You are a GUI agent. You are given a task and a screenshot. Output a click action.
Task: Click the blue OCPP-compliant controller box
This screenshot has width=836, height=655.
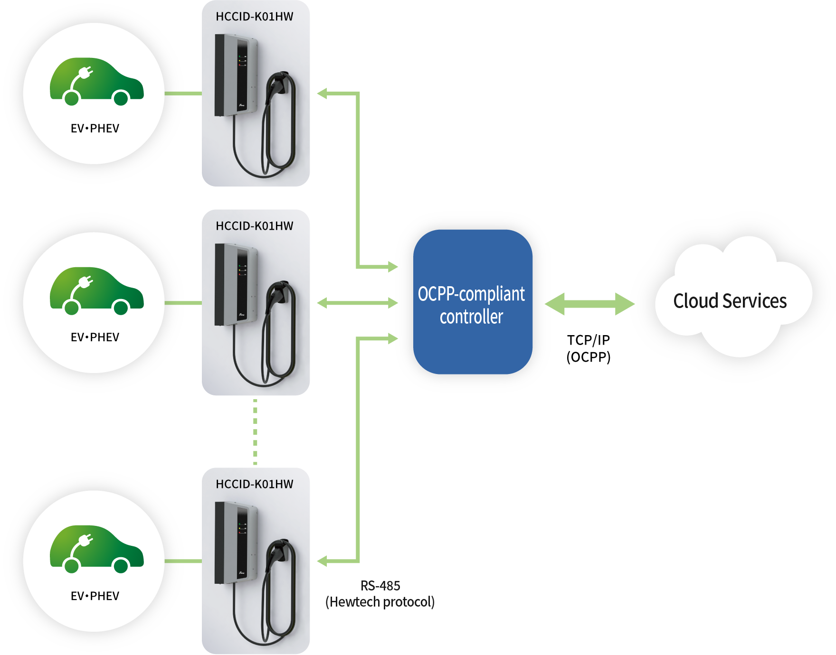[x=472, y=302]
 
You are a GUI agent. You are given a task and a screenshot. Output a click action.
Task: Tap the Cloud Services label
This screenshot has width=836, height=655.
[x=730, y=301]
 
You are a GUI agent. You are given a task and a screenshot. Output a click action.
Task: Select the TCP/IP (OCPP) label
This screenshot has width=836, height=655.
[x=588, y=348]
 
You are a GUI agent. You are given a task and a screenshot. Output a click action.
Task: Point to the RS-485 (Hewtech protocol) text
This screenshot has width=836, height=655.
[x=380, y=594]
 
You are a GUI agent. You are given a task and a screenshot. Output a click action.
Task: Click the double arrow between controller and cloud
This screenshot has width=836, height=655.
[x=589, y=304]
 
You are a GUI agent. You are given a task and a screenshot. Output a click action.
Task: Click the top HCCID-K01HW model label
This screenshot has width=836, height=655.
[x=255, y=17]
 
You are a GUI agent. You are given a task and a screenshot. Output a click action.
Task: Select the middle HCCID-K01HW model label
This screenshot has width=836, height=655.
[x=255, y=226]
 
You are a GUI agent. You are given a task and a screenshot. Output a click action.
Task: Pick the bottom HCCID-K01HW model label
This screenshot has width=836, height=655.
[x=255, y=484]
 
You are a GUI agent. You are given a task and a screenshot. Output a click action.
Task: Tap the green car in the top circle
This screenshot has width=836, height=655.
[x=96, y=81]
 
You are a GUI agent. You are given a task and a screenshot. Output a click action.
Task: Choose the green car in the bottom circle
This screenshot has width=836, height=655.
[x=96, y=549]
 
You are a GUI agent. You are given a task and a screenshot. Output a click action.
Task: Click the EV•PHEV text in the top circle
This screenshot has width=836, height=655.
[x=95, y=128]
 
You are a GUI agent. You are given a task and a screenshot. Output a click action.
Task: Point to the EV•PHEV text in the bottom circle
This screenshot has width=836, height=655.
[x=95, y=596]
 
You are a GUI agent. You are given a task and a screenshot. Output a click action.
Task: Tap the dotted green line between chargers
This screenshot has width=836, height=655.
[x=256, y=431]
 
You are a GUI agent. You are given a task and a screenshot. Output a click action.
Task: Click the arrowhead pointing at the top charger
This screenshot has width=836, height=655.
[x=323, y=94]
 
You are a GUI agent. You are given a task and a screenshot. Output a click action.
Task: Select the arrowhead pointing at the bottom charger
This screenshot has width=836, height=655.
[x=323, y=561]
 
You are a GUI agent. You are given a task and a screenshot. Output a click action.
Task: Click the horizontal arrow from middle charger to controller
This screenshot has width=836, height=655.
[x=357, y=303]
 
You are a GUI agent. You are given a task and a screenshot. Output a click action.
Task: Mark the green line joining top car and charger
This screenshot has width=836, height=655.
[x=183, y=94]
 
